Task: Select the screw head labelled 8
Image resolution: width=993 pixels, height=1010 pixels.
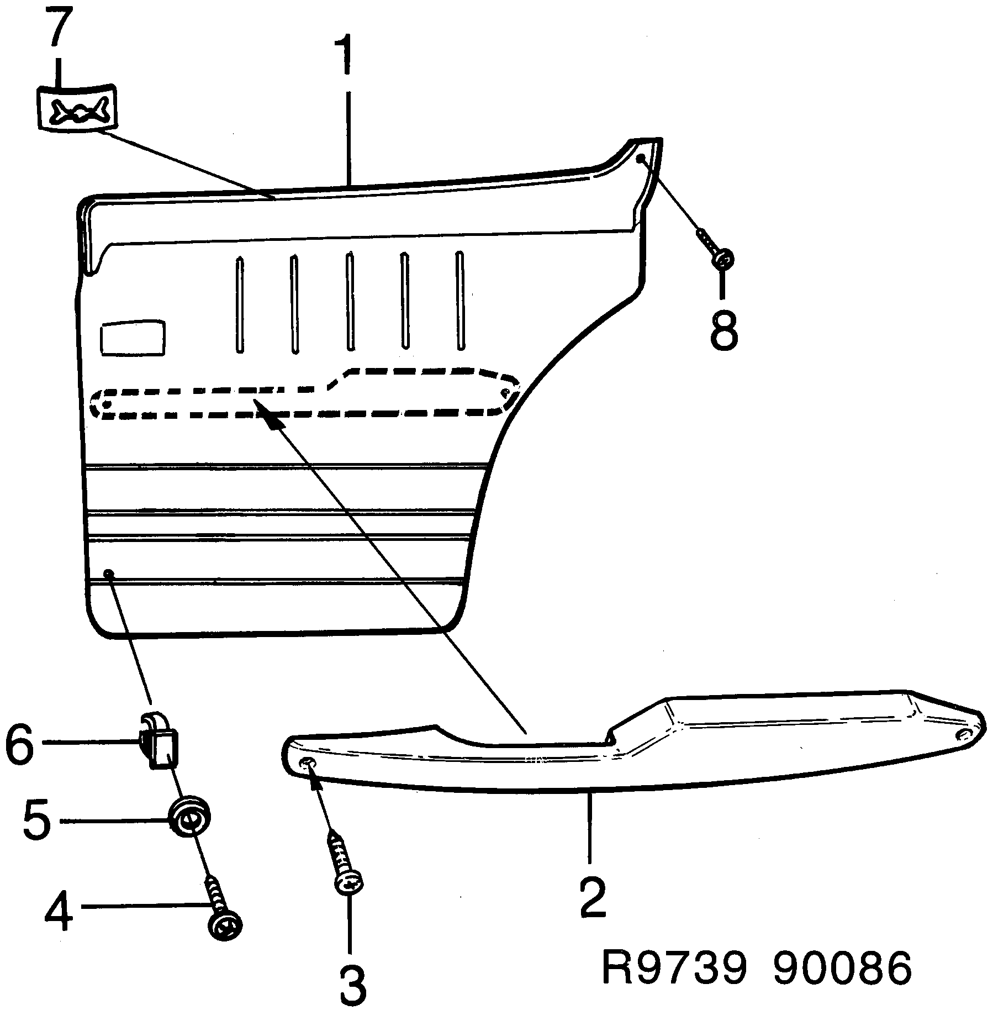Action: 724,257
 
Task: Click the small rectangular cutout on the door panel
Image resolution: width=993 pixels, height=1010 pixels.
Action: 133,337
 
